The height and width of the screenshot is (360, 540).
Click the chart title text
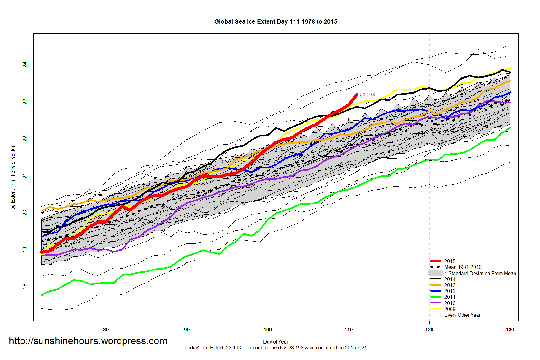(x=276, y=22)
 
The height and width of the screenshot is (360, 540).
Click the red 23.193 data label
(x=367, y=95)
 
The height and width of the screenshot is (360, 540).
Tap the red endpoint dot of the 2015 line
(x=356, y=95)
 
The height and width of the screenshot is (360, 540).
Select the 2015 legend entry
(x=450, y=261)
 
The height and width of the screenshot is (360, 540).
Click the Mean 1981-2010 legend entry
(x=463, y=267)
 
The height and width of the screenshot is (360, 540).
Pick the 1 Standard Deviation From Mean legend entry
(x=480, y=273)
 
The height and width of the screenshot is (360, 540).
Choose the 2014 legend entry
(x=450, y=279)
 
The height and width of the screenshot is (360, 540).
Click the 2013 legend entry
(x=450, y=285)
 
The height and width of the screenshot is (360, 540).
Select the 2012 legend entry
(x=450, y=291)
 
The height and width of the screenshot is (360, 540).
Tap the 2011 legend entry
(x=450, y=297)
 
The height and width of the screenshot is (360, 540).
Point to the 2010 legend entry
(x=450, y=303)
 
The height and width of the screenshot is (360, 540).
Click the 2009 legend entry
(x=450, y=309)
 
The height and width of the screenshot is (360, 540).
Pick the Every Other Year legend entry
(x=462, y=315)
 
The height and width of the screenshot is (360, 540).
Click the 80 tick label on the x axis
(x=106, y=330)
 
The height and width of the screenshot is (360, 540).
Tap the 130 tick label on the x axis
(x=510, y=330)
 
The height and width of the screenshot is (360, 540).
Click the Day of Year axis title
(x=276, y=342)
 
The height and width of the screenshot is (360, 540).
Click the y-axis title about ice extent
(x=13, y=177)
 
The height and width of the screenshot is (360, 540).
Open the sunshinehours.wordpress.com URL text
(x=88, y=341)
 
